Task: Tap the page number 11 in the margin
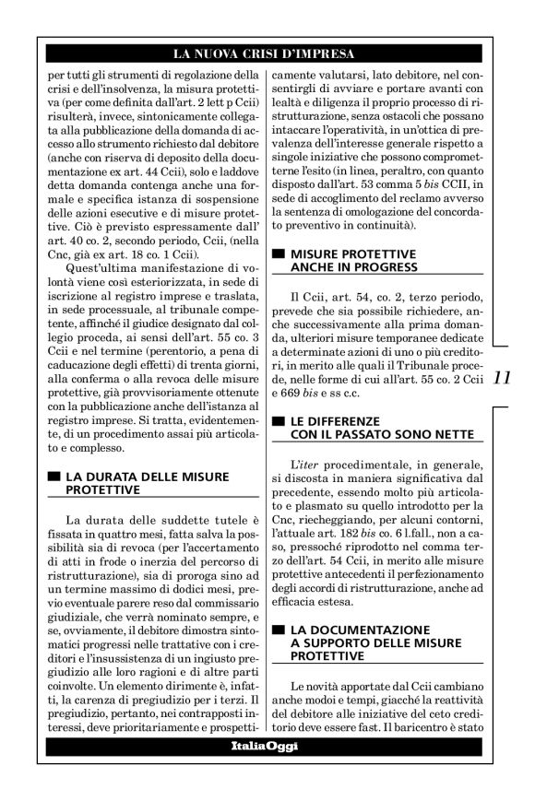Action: [x=503, y=379]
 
